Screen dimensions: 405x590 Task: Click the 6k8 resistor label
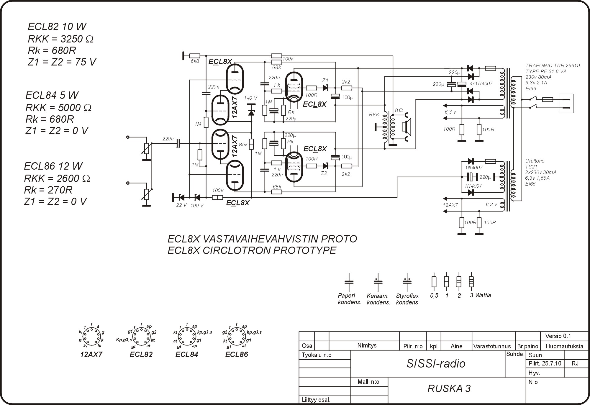195,61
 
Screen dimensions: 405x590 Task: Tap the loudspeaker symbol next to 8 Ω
407,126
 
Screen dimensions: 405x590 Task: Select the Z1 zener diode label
325,80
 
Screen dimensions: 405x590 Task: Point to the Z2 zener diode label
324,173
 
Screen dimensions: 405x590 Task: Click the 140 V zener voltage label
250,98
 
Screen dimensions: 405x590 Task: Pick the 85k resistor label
243,145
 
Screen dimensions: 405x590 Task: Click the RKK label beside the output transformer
374,114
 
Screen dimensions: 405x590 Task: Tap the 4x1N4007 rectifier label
481,83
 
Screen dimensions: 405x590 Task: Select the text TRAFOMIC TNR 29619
553,65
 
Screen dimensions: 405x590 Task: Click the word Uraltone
535,161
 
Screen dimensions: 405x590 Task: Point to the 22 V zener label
181,205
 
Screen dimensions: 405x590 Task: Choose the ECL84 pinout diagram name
187,354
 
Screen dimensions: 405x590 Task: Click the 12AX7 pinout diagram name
91,354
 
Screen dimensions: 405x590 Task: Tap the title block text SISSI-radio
436,364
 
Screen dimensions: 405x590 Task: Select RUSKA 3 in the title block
449,388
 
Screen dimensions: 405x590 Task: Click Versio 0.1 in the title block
558,336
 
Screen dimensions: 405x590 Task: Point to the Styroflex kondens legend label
407,299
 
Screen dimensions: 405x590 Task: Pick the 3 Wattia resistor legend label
480,295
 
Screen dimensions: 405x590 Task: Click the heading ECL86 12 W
53,166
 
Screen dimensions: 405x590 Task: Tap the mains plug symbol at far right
566,103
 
